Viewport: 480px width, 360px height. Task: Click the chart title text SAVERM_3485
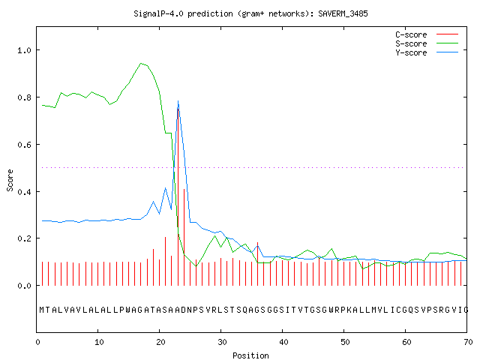pos(343,13)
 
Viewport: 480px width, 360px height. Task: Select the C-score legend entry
pos(427,34)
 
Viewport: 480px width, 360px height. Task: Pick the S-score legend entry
pos(427,43)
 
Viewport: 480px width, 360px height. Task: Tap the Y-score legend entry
pos(427,52)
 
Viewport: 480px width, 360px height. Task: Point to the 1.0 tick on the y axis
pos(25,50)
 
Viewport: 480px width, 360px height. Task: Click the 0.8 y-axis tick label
pos(25,97)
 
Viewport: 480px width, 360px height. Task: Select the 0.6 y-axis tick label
pos(25,145)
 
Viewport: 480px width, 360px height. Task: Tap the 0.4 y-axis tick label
pos(25,192)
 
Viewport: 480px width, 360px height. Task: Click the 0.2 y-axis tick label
pos(25,238)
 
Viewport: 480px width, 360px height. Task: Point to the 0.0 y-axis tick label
pos(25,286)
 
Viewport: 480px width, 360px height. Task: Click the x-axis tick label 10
pos(99,342)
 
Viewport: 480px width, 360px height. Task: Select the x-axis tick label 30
pos(222,342)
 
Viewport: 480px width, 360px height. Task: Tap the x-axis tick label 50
pos(345,342)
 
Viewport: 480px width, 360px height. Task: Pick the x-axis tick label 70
pos(468,342)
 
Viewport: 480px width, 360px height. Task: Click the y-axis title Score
pos(10,181)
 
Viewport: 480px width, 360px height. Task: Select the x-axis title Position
pos(250,355)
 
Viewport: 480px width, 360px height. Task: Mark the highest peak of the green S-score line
pos(141,63)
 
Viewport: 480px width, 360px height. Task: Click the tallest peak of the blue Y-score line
pos(178,100)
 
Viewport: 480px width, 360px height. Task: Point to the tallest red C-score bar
pos(178,196)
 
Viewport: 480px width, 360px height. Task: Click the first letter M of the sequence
pos(42,310)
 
